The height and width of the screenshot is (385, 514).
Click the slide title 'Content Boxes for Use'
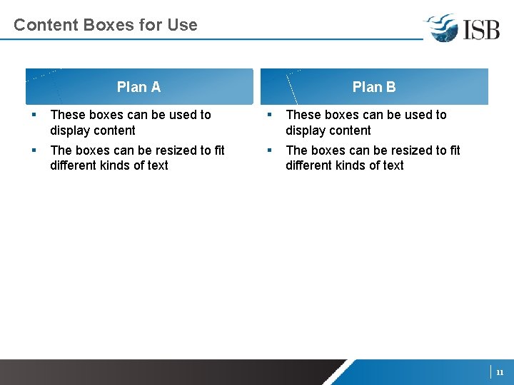click(105, 25)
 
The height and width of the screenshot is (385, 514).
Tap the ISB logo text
click(480, 29)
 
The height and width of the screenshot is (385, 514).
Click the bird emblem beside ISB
click(443, 28)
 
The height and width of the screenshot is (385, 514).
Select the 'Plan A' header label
click(138, 87)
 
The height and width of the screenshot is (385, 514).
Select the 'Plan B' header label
click(374, 87)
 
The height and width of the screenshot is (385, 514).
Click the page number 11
click(500, 372)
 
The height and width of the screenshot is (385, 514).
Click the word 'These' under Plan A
click(68, 115)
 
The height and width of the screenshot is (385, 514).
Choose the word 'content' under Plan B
click(349, 130)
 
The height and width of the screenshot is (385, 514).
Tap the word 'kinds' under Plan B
click(350, 165)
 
